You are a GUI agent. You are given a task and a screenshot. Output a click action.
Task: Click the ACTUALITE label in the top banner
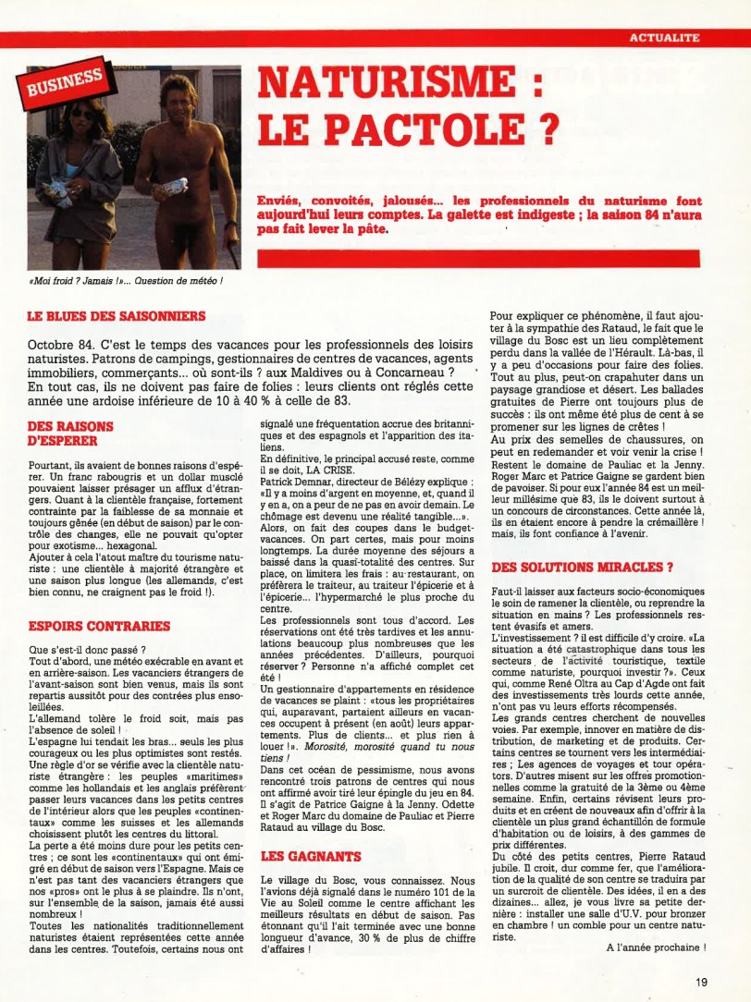pos(663,38)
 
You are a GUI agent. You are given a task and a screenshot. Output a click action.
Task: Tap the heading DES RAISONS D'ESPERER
pos(70,434)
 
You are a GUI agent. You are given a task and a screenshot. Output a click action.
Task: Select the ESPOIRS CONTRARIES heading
pos(99,626)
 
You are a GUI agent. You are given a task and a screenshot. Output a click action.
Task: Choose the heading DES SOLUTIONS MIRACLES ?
pos(582,566)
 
